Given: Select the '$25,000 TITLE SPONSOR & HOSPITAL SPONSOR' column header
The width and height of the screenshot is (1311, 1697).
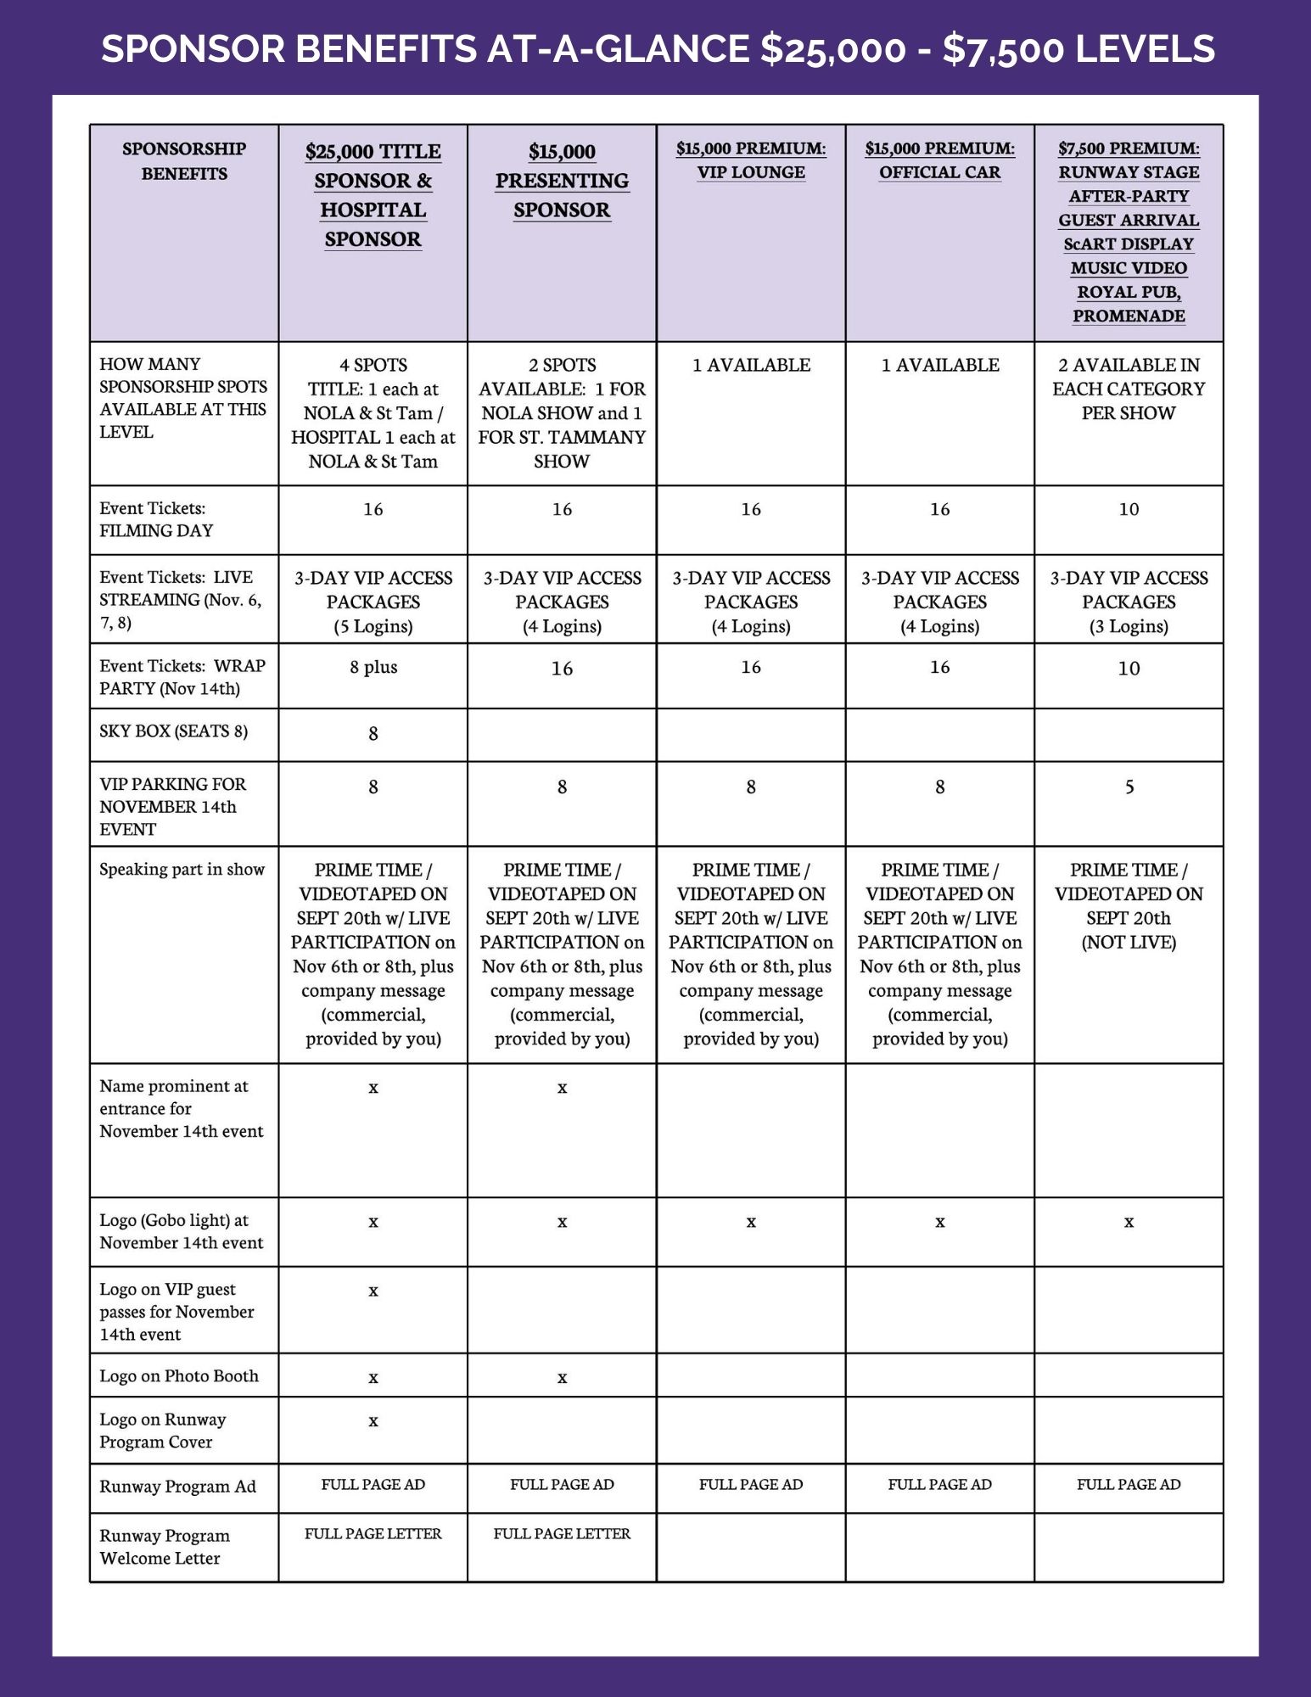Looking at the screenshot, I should click(x=373, y=195).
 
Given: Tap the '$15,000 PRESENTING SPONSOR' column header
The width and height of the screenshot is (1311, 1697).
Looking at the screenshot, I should click(x=562, y=181).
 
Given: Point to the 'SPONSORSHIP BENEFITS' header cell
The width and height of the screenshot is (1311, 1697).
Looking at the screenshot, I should click(x=184, y=161).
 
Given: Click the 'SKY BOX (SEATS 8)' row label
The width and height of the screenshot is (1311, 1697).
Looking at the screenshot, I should click(x=174, y=731).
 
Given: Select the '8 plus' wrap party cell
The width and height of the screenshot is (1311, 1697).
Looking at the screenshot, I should click(x=373, y=667).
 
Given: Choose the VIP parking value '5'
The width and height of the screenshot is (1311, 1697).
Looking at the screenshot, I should click(x=1129, y=787).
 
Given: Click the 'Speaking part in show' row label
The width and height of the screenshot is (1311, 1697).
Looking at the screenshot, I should click(x=182, y=870).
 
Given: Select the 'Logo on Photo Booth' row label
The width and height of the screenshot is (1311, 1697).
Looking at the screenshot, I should click(x=179, y=1376).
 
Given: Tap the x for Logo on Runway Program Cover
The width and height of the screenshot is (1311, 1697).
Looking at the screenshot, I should click(x=373, y=1421).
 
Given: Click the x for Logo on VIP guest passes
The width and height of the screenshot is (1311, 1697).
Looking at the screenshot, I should click(x=373, y=1291).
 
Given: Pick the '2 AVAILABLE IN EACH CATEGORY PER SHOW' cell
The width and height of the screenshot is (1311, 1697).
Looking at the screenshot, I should click(x=1129, y=389).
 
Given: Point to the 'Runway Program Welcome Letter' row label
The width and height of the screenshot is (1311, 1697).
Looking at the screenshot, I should click(x=165, y=1547).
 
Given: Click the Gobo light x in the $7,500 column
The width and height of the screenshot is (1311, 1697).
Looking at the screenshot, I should click(x=1129, y=1223).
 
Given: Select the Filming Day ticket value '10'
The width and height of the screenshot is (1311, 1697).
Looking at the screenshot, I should click(x=1129, y=509).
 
